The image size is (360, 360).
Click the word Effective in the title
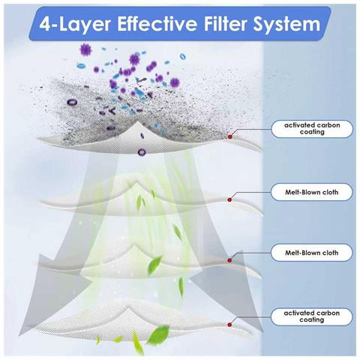click(x=157, y=24)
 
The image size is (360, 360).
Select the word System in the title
click(x=286, y=25)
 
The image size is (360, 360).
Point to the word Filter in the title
click(x=226, y=24)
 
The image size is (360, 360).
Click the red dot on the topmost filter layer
click(x=230, y=136)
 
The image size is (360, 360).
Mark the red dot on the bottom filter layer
click(x=229, y=325)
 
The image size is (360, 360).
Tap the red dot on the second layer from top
click(x=229, y=199)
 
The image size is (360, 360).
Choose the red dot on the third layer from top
click(x=229, y=260)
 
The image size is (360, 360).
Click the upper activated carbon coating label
click(x=312, y=128)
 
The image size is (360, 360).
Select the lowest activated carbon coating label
click(x=312, y=316)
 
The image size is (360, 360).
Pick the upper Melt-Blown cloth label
click(x=312, y=192)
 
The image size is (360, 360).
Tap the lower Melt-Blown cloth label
click(x=311, y=253)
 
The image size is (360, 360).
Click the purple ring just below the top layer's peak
click(x=142, y=151)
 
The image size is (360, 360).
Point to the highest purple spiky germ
click(x=85, y=49)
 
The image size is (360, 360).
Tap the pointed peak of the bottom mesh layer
click(x=129, y=308)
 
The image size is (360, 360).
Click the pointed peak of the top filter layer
click(x=136, y=122)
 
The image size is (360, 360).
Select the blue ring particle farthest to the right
click(x=183, y=56)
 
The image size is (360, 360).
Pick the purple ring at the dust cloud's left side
click(x=72, y=102)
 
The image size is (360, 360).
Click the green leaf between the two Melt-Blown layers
click(x=178, y=232)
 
